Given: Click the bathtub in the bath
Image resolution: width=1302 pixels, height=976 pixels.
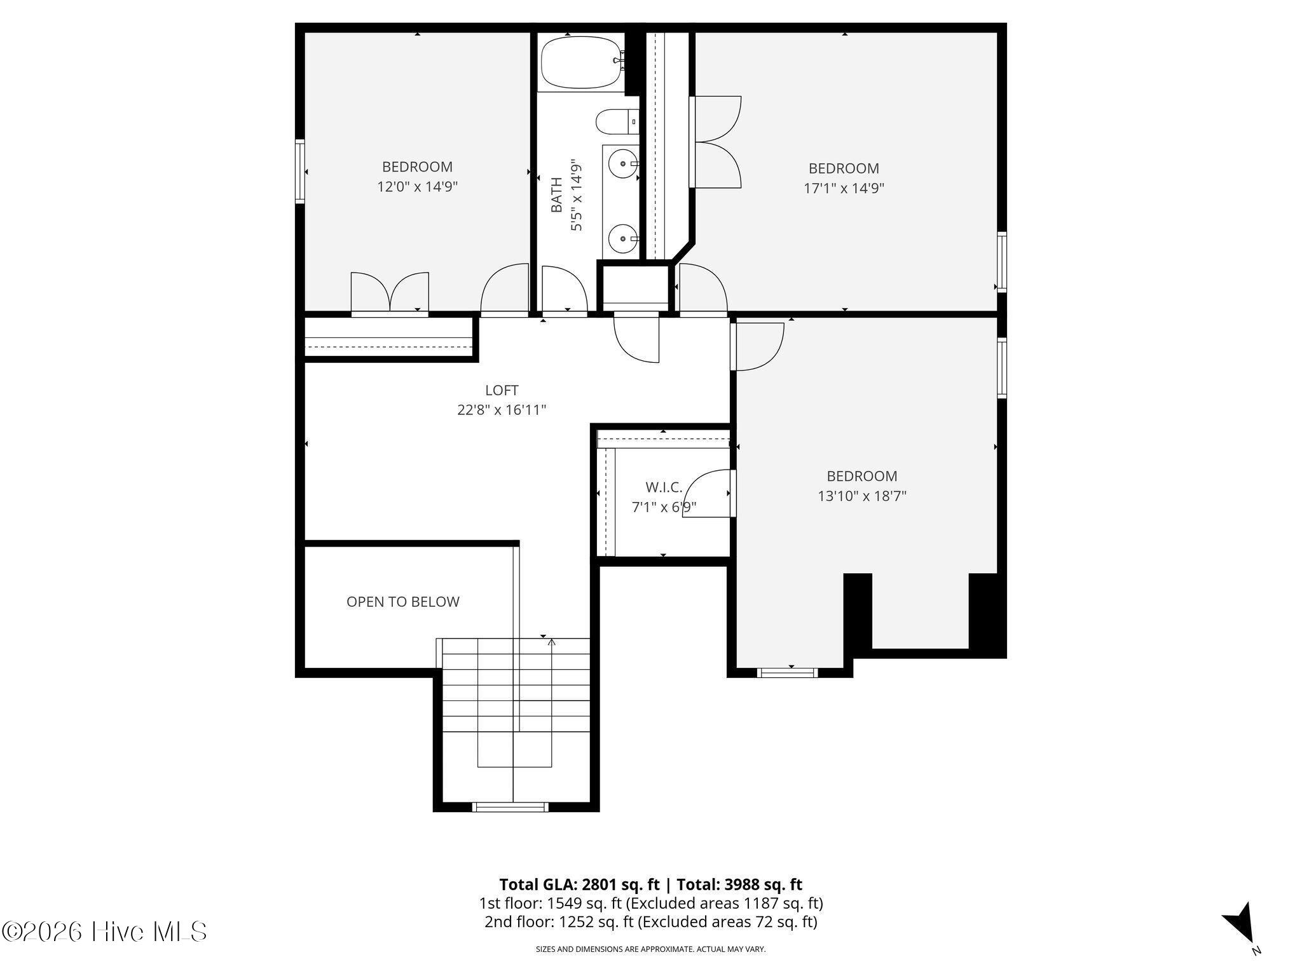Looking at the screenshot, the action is tap(580, 62).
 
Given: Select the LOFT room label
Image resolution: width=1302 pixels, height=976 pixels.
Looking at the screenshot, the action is tap(502, 390).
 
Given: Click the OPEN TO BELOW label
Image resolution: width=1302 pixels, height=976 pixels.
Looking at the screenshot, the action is tap(403, 602).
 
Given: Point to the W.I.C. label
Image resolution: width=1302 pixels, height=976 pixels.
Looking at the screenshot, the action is tap(664, 487).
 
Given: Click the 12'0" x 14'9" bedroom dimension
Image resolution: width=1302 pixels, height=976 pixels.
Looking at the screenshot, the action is tap(417, 187).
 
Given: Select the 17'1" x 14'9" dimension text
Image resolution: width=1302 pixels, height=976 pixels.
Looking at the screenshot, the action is tap(844, 188).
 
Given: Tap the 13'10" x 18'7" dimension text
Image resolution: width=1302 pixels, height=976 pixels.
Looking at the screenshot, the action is tap(861, 496).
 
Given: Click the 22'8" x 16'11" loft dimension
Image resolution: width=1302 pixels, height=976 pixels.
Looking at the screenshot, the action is tap(502, 410).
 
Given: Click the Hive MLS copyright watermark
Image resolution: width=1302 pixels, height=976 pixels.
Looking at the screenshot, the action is tap(105, 932).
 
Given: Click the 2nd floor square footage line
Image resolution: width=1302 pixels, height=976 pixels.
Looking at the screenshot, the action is tap(651, 921).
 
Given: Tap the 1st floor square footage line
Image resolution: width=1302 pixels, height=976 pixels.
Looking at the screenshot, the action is tap(651, 903).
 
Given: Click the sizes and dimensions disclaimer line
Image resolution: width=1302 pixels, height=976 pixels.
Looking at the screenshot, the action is tap(651, 949).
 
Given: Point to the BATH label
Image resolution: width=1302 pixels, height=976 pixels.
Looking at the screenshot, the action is tap(557, 194).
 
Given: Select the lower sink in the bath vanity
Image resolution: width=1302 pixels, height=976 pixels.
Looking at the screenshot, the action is tap(620, 239).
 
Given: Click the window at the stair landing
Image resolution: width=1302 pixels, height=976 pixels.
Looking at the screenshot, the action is tap(510, 807).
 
